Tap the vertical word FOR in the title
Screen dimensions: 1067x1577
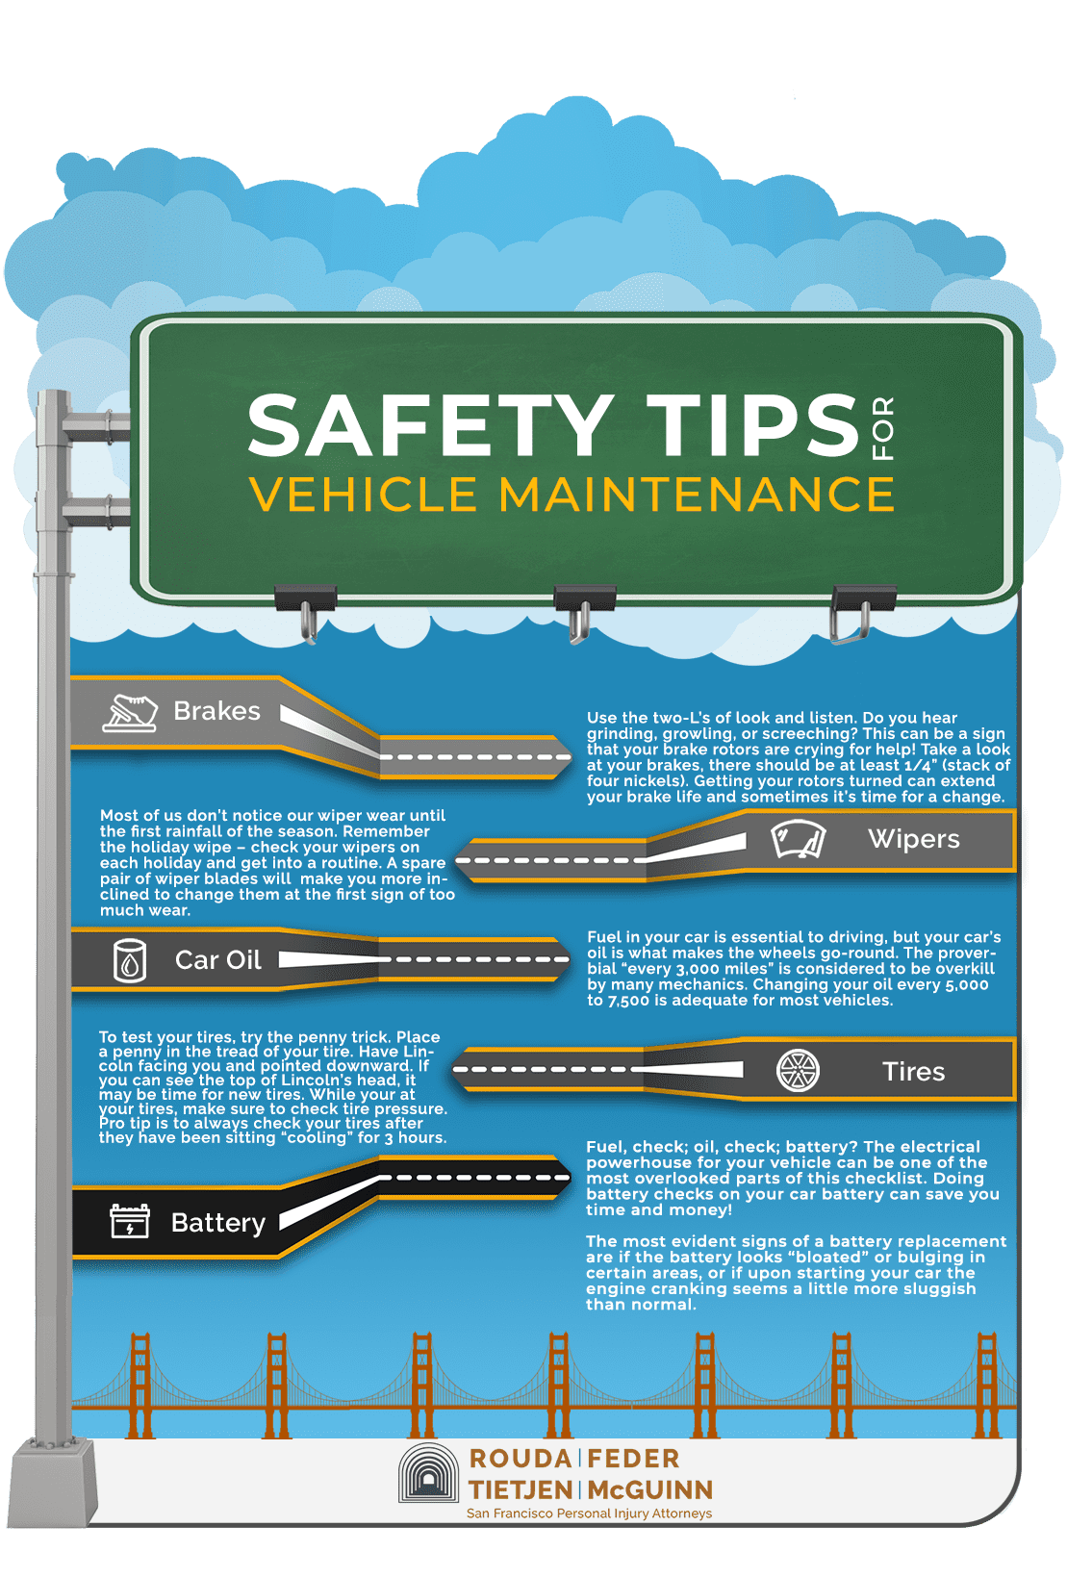(x=882, y=428)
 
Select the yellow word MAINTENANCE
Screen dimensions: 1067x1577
(x=696, y=494)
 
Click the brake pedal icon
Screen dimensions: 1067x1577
(x=130, y=713)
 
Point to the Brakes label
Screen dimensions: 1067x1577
(x=216, y=711)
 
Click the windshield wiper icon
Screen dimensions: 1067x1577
(x=798, y=838)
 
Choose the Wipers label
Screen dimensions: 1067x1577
(x=914, y=838)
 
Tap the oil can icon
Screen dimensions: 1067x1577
(x=130, y=960)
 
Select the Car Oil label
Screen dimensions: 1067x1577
(x=218, y=959)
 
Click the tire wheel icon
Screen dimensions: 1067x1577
(x=798, y=1071)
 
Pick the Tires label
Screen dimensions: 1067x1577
(x=914, y=1072)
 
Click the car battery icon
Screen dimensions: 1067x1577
(x=130, y=1221)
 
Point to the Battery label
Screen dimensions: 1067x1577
(x=218, y=1224)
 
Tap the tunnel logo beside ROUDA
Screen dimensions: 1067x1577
(x=428, y=1473)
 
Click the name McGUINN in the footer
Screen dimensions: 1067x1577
(x=650, y=1490)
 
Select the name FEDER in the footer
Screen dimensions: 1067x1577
(x=633, y=1459)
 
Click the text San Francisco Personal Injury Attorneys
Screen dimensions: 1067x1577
(x=589, y=1513)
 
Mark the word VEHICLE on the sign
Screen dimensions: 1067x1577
(x=364, y=494)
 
